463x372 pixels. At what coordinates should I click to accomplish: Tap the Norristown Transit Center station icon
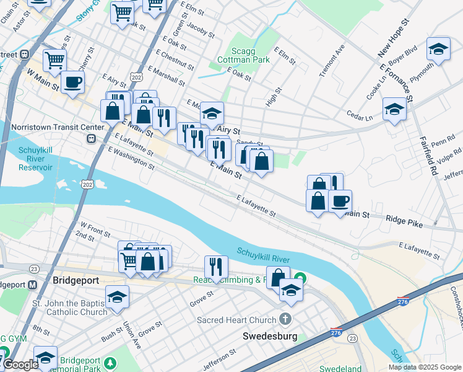pyautogui.click(x=91, y=138)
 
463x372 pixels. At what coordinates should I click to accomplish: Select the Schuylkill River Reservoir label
pyautogui.click(x=27, y=159)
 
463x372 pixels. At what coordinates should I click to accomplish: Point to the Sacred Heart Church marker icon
pyautogui.click(x=285, y=320)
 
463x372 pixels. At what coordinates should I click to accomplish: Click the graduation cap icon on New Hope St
pyautogui.click(x=438, y=49)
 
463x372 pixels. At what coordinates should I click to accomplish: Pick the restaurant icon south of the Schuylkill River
pyautogui.click(x=215, y=267)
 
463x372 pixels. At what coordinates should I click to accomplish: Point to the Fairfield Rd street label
pyautogui.click(x=426, y=157)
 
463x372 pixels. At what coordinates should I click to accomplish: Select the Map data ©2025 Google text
pyautogui.click(x=424, y=367)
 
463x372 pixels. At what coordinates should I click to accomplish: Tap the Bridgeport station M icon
pyautogui.click(x=33, y=285)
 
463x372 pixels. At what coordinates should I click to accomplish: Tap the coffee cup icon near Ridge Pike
pyautogui.click(x=339, y=201)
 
